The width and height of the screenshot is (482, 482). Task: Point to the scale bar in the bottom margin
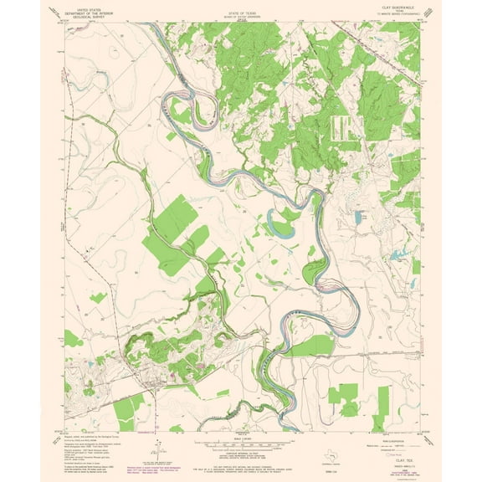(240, 441)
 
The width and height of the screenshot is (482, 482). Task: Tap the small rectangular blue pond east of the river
(357, 217)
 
